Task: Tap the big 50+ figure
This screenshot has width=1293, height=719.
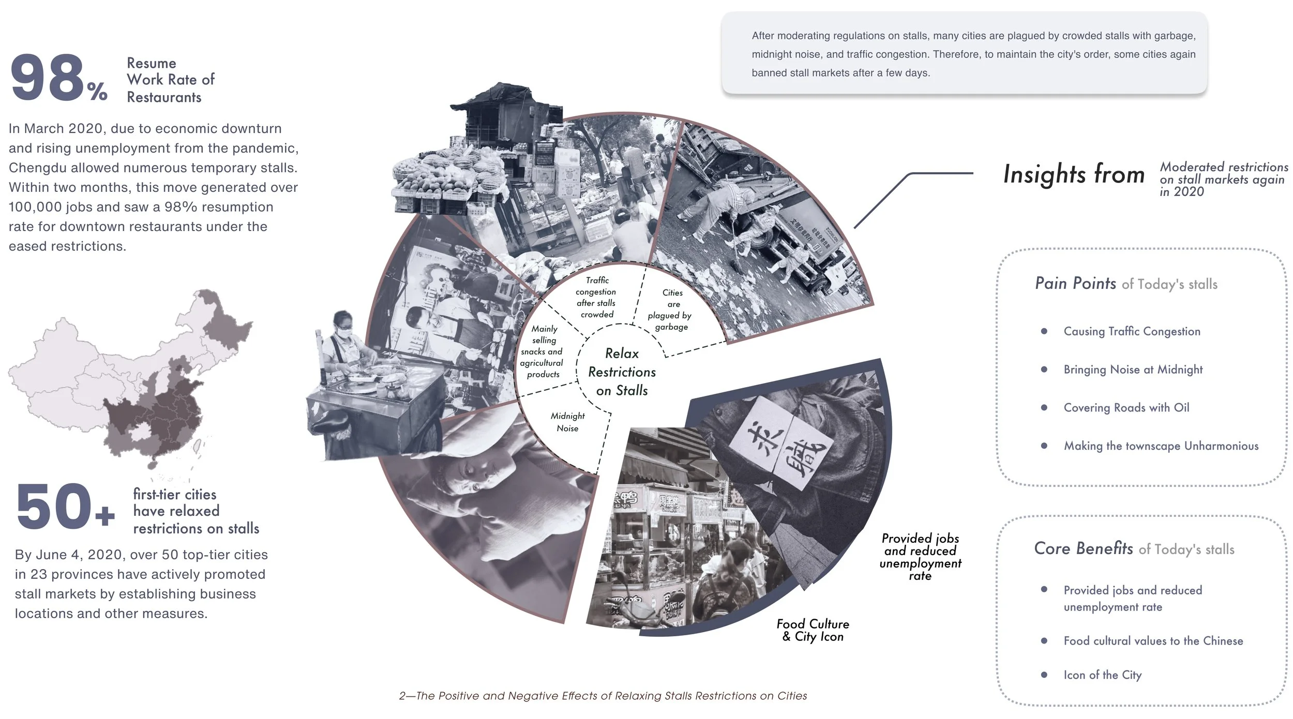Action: tap(54, 507)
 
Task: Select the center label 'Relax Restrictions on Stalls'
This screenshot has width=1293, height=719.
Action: tap(622, 372)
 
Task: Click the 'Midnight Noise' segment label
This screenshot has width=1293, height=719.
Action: tap(567, 422)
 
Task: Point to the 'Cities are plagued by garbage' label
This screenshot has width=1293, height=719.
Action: tap(671, 310)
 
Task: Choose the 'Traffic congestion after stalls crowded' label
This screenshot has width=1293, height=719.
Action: tap(596, 297)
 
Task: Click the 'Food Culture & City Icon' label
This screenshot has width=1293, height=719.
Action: tap(813, 630)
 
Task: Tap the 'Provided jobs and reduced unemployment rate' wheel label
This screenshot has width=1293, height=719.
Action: tap(920, 557)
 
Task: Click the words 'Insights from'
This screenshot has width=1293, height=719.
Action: tap(1074, 174)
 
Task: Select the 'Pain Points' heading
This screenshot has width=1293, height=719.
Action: tap(1075, 283)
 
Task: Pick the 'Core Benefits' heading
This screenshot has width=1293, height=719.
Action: tap(1083, 548)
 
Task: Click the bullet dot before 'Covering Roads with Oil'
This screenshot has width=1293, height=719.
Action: tap(1044, 407)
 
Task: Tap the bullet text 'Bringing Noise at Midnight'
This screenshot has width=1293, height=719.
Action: tap(1133, 370)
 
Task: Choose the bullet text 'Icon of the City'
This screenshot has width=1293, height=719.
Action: tap(1102, 675)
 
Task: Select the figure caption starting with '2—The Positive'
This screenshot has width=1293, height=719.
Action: tap(603, 696)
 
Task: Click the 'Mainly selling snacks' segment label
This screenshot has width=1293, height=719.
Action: tap(543, 351)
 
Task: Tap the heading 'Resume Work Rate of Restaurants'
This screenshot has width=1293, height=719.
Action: tap(170, 80)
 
